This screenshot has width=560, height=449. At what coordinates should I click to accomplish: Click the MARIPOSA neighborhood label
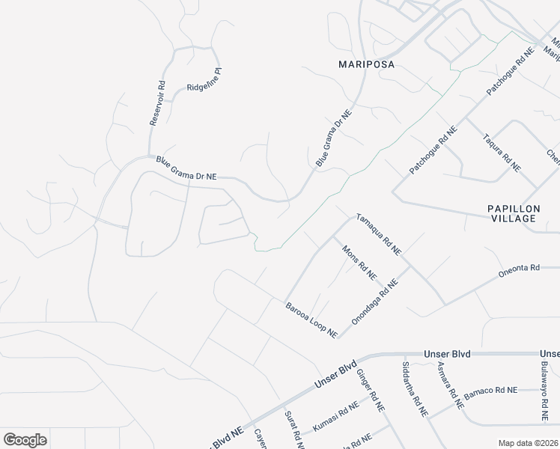(x=366, y=64)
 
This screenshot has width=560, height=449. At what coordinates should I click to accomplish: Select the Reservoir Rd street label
(x=157, y=103)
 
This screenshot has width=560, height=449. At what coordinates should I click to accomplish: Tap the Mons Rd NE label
(x=359, y=263)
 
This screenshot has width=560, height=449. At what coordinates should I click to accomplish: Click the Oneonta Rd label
(x=519, y=271)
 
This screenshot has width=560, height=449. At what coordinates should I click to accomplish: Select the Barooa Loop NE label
(x=311, y=320)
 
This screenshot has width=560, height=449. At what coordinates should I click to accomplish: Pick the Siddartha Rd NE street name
(x=415, y=389)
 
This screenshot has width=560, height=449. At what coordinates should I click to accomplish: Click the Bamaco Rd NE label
(x=490, y=391)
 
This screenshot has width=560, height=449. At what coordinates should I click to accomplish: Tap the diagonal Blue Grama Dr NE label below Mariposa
(x=333, y=138)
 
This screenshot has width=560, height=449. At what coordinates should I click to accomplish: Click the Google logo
(x=25, y=440)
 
